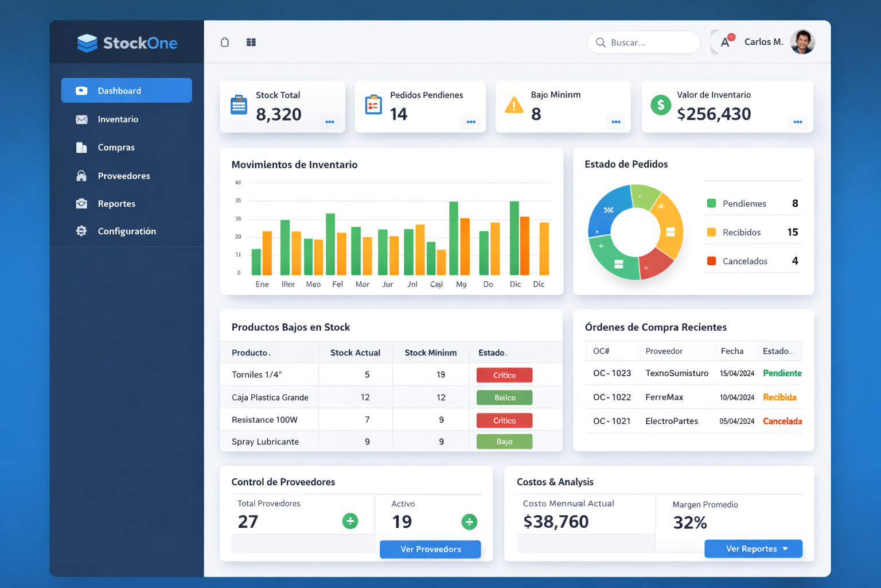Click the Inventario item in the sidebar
(x=118, y=119)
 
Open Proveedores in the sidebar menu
(x=123, y=176)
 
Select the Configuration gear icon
(x=81, y=231)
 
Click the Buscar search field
(x=644, y=42)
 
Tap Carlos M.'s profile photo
(x=802, y=42)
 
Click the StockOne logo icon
(x=87, y=43)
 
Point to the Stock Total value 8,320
(x=279, y=114)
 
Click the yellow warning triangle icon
(x=514, y=106)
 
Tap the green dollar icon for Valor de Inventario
(x=661, y=105)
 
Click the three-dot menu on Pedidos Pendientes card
(x=471, y=122)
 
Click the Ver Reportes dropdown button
(x=753, y=549)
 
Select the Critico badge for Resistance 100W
(x=504, y=420)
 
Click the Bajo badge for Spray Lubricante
(x=504, y=442)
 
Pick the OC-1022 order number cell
(x=612, y=397)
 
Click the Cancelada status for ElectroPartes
(x=782, y=421)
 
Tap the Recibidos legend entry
(x=741, y=233)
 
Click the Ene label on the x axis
(x=262, y=284)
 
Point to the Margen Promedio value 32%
(x=690, y=523)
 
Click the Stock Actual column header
(x=355, y=353)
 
